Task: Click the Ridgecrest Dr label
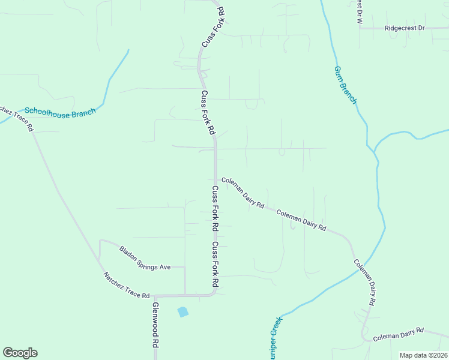(405, 28)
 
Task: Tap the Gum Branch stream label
(345, 85)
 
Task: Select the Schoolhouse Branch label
(60, 112)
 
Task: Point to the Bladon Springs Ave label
(145, 259)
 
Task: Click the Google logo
(20, 353)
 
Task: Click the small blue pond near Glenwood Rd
(182, 312)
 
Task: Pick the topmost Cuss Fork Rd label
(212, 27)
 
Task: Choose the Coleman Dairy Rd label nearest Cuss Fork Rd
(243, 193)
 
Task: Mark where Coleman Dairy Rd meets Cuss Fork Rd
(215, 179)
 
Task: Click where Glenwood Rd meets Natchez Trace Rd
(155, 296)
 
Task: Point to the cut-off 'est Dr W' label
(360, 11)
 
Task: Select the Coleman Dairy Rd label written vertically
(364, 283)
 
